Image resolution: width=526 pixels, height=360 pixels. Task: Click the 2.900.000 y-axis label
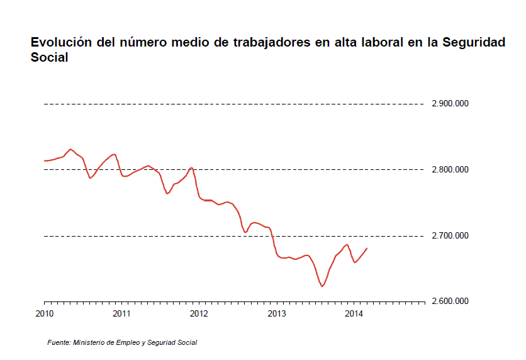[450, 104]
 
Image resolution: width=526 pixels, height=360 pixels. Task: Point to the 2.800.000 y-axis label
[450, 170]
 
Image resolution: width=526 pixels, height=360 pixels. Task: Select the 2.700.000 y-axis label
[450, 236]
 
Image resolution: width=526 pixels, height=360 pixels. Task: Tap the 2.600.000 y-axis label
[450, 301]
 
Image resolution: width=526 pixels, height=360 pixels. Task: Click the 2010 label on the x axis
[44, 313]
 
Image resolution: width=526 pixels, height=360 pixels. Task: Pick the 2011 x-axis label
[121, 313]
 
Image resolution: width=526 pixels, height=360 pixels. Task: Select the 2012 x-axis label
[199, 313]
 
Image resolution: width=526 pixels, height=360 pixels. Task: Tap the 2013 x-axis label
[277, 313]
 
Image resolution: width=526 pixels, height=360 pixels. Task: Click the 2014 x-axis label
[354, 313]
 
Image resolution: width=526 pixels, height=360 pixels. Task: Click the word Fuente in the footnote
[59, 343]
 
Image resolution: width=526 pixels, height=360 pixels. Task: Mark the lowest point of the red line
[322, 286]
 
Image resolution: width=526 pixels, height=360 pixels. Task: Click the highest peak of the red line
[70, 149]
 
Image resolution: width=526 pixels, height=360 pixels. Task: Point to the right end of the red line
[367, 248]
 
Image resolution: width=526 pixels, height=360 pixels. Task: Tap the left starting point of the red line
[44, 160]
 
